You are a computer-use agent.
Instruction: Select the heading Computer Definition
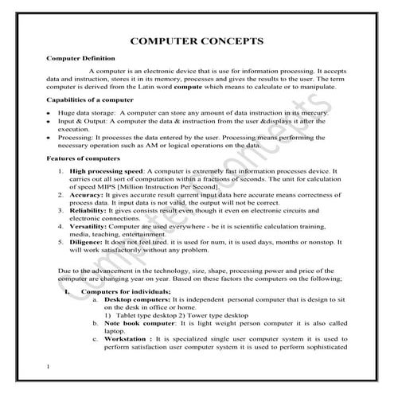80,58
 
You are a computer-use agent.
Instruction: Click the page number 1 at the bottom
49,367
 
